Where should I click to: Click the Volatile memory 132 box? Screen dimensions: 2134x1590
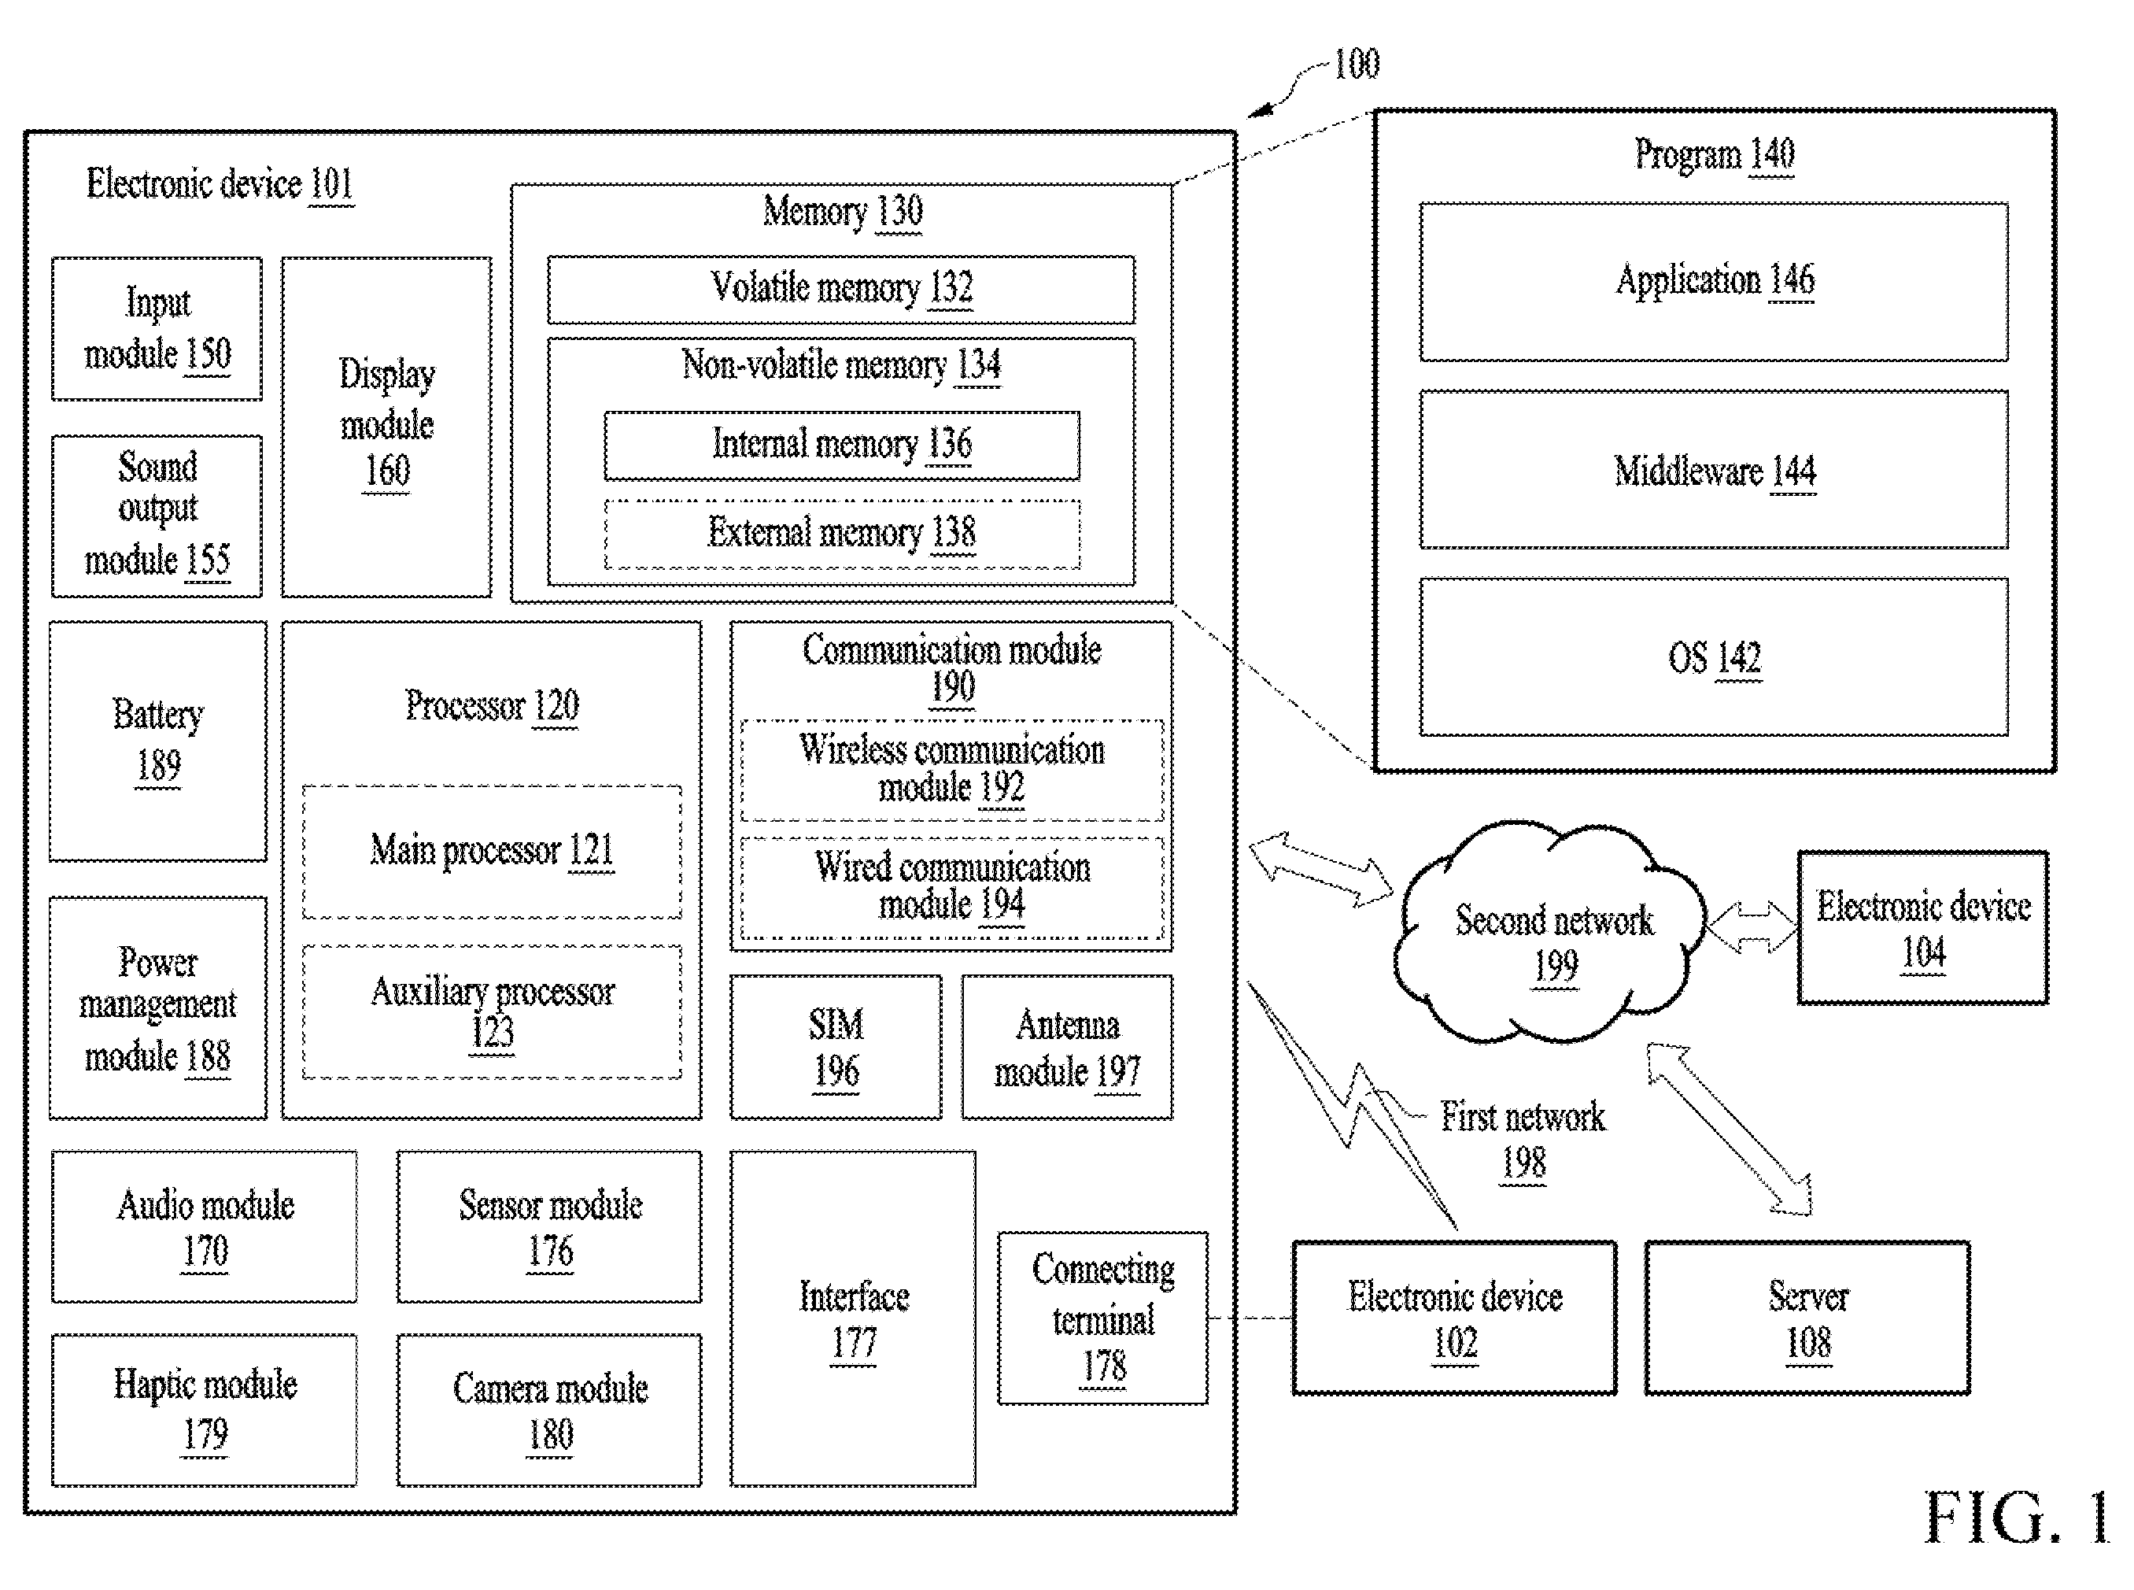click(x=841, y=289)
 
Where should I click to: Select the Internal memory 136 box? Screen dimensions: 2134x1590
click(x=842, y=446)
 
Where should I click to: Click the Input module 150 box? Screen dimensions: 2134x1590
click(x=157, y=328)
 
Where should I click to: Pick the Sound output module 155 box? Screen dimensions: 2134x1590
click(x=157, y=516)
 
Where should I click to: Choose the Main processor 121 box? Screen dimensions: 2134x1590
click(x=492, y=852)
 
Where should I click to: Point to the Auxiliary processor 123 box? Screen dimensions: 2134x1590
click(x=492, y=1011)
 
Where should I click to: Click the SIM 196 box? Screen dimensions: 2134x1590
click(x=835, y=1047)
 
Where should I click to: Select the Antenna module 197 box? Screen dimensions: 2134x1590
click(x=1067, y=1047)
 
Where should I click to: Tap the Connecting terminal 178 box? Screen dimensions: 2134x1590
click(x=1102, y=1318)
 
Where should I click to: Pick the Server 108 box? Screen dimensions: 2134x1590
click(x=1807, y=1318)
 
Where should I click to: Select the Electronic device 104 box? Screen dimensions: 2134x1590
click(x=1922, y=928)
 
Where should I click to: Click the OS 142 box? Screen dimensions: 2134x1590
click(x=1714, y=657)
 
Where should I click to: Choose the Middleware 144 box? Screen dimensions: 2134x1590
click(x=1714, y=470)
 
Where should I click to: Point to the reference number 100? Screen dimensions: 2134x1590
click(x=1357, y=65)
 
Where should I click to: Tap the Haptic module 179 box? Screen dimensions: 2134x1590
click(x=204, y=1410)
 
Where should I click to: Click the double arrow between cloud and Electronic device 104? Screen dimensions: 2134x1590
click(x=1752, y=928)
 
